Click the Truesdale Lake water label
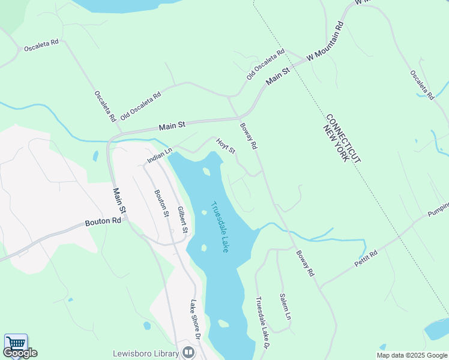pos(220,226)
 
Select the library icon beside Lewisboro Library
pos(189,352)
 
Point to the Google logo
pos(20,353)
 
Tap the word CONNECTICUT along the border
pos(344,137)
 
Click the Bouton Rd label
pos(103,221)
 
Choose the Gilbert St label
pos(182,220)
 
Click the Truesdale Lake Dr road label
pos(262,323)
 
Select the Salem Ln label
pos(286,306)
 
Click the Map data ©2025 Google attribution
pos(411,355)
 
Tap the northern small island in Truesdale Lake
pos(207,172)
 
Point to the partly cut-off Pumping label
pos(438,209)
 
